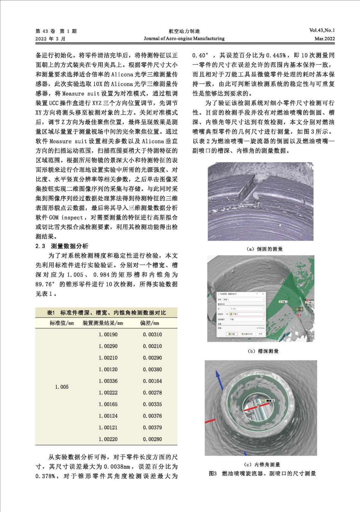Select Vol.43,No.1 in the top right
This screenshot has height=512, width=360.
tap(322, 31)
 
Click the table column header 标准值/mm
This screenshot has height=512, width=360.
tap(62, 323)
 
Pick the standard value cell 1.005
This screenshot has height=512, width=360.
tap(62, 387)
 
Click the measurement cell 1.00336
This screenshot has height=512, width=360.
tap(108, 381)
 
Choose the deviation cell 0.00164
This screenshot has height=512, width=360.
tap(152, 381)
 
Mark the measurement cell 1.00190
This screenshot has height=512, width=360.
tap(108, 335)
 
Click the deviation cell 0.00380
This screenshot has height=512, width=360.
tap(152, 369)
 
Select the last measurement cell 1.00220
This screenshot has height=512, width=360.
tap(108, 439)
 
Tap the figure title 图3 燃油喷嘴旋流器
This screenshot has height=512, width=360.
tap(262, 473)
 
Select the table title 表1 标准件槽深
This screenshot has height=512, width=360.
tap(106, 313)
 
